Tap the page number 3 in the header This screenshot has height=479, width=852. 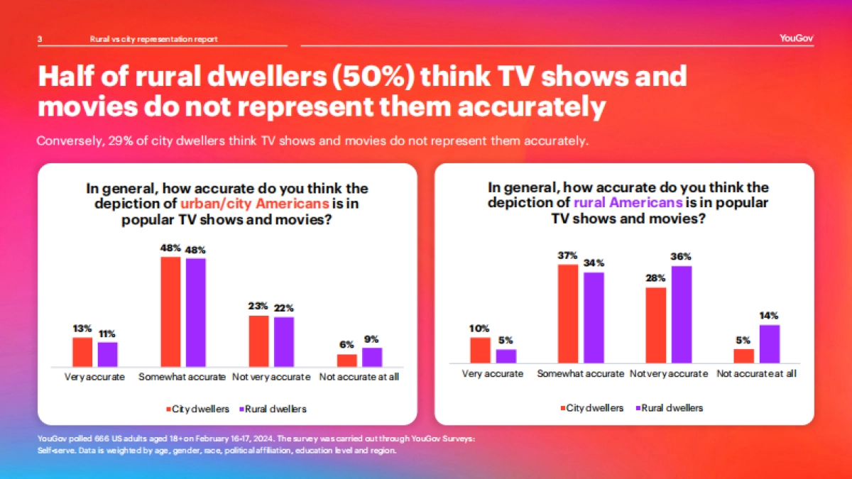[x=40, y=39]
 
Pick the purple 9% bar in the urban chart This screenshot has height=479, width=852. [x=372, y=356]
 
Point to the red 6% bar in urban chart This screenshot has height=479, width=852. [x=346, y=359]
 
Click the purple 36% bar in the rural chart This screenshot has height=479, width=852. [x=682, y=314]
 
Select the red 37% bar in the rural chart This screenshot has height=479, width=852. [x=568, y=314]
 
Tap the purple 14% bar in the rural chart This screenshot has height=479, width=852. [x=770, y=343]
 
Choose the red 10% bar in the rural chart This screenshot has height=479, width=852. [x=481, y=350]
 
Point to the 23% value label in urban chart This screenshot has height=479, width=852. [x=258, y=306]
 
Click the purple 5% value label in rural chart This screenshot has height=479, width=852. [x=506, y=339]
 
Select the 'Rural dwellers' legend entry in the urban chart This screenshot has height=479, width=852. [x=272, y=409]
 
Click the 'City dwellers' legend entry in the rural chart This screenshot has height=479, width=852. [x=593, y=408]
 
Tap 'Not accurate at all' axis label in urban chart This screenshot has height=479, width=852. [x=359, y=377]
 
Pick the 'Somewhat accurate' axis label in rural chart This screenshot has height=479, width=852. [x=581, y=373]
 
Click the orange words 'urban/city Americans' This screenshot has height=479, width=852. [x=254, y=204]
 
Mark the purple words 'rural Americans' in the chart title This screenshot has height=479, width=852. [x=628, y=202]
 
